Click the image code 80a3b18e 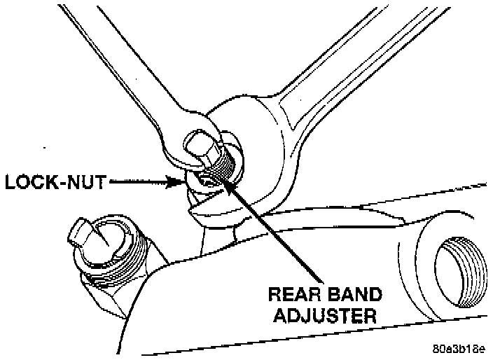click(x=459, y=348)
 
